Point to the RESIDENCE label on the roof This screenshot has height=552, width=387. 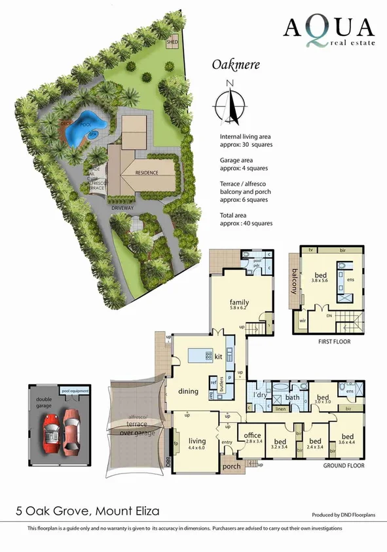[x=147, y=172]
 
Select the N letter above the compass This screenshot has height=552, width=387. [x=229, y=83]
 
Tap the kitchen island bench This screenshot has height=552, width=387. [x=200, y=356]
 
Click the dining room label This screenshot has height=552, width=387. [x=188, y=391]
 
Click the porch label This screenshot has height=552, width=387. [x=232, y=467]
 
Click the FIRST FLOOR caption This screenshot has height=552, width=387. [x=333, y=342]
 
